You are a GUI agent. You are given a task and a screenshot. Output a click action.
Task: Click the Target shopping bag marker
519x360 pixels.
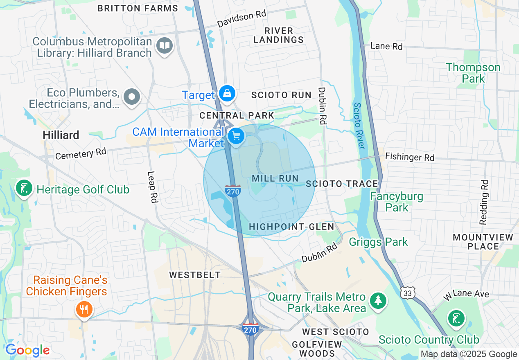226,94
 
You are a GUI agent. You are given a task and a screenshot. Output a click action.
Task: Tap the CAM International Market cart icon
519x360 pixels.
236,136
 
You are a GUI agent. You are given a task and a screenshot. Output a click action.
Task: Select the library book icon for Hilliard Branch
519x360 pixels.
165,46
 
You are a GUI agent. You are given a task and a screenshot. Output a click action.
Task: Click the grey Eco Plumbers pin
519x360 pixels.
132,97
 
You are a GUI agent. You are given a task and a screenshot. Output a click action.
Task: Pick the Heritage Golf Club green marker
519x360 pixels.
24,188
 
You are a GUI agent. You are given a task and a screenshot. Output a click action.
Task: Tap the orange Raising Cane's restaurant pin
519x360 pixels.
84,309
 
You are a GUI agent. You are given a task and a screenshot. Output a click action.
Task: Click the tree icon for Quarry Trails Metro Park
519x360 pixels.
378,301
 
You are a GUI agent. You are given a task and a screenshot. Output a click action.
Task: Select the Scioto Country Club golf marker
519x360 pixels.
456,318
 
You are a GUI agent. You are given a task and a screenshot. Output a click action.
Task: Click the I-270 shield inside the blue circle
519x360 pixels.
232,190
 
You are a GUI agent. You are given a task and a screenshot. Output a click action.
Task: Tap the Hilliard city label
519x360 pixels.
61,135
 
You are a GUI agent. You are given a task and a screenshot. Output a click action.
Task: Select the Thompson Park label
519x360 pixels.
473,73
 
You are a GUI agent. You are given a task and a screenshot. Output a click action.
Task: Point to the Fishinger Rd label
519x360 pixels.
410,157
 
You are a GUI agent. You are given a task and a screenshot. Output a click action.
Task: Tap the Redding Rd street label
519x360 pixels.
484,202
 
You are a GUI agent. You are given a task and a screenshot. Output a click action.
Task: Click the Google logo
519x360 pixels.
27,351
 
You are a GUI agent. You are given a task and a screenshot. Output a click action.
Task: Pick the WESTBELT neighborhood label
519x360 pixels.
195,275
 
